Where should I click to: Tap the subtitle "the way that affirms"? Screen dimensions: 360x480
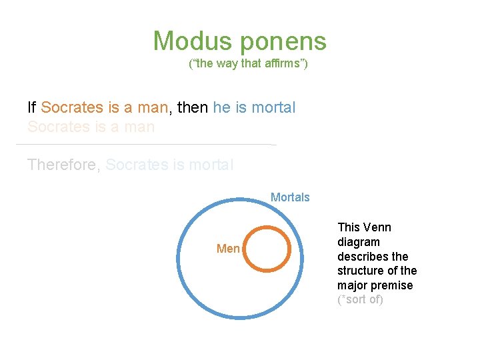click(248, 65)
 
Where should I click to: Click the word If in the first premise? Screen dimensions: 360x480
click(31, 107)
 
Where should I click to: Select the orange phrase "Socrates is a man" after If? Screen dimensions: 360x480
click(105, 107)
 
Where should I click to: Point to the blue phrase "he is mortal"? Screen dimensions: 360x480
click(254, 107)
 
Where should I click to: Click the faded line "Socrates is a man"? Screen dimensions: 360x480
click(91, 127)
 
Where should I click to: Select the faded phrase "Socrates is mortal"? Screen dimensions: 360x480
click(169, 164)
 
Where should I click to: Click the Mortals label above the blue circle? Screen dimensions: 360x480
click(290, 197)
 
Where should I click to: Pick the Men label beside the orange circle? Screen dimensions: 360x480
click(228, 249)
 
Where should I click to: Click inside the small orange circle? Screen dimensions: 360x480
click(266, 249)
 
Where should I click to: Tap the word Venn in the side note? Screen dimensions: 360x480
click(377, 227)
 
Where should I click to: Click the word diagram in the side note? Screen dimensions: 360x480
click(358, 242)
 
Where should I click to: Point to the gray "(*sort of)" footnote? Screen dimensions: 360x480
click(360, 299)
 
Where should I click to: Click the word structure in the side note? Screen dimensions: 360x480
click(360, 271)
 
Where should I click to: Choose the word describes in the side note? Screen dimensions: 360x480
click(363, 257)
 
